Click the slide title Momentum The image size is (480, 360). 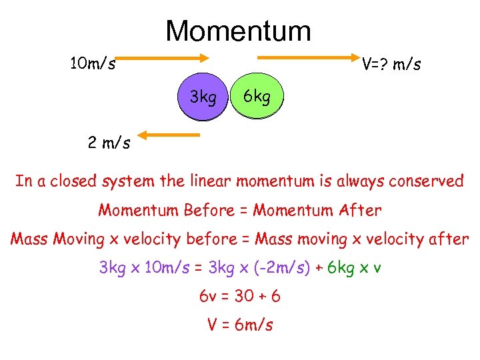click(x=238, y=31)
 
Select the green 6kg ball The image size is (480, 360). click(x=257, y=97)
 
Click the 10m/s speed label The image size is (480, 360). click(x=93, y=65)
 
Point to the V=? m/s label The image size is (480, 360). click(x=391, y=65)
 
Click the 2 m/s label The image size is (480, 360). click(x=109, y=142)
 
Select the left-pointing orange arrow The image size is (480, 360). click(x=169, y=136)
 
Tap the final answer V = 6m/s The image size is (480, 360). click(x=240, y=325)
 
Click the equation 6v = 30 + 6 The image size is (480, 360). click(x=240, y=296)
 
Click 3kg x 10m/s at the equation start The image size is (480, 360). click(x=137, y=268)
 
